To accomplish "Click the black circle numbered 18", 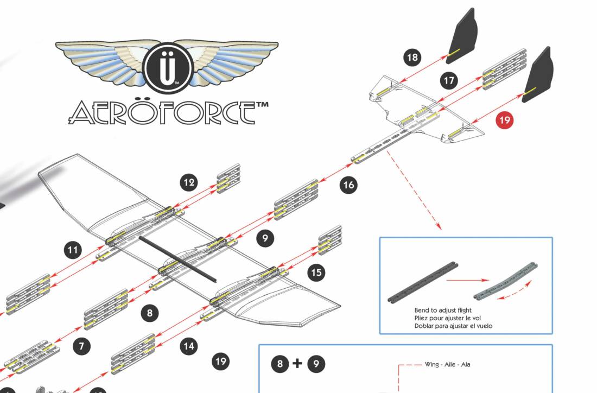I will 412,58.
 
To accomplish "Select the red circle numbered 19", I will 505,120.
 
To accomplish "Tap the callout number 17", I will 449,81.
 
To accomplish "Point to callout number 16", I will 348,185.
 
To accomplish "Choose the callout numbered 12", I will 189,183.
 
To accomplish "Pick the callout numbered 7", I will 81,346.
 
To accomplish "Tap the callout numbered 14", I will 189,346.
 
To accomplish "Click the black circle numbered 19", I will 220,361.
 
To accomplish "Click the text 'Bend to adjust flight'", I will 443,310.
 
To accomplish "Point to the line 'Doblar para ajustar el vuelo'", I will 453,326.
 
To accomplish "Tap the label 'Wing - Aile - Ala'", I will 447,364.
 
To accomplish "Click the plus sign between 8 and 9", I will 297,364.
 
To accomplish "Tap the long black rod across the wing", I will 177,258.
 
